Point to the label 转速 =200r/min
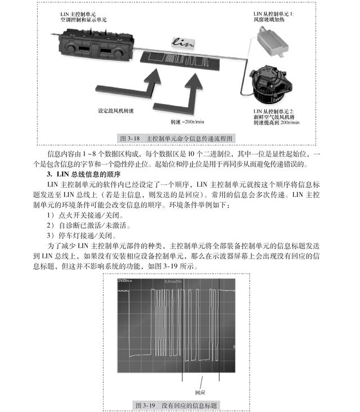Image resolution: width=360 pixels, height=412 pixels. coord(187,121)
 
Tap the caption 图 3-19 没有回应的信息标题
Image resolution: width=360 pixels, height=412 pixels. coord(176,405)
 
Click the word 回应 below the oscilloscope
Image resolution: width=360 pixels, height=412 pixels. coord(200,392)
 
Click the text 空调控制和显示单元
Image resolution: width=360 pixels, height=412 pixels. coord(84,20)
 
